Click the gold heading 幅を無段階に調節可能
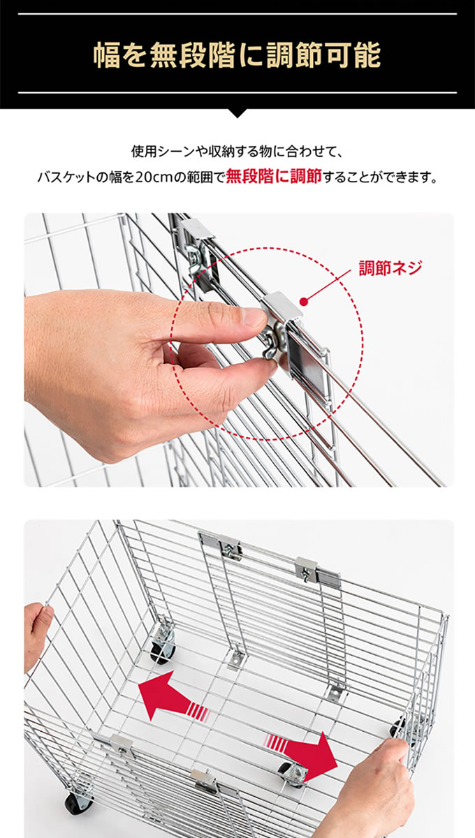click(x=237, y=55)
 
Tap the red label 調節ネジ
click(x=390, y=268)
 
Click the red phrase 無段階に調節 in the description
click(x=274, y=177)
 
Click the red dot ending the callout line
click(x=304, y=301)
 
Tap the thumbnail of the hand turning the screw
click(x=239, y=350)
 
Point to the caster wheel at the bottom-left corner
click(x=78, y=802)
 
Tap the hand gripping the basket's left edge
click(x=38, y=636)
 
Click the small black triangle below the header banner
click(x=237, y=113)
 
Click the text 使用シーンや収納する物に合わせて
click(x=237, y=152)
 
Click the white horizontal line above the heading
click(x=237, y=14)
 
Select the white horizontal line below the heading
click(x=237, y=92)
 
